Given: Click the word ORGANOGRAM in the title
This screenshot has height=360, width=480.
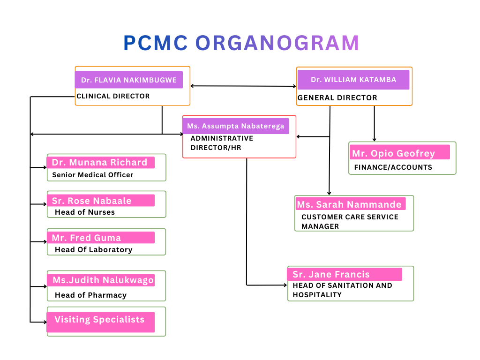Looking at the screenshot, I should (x=277, y=43).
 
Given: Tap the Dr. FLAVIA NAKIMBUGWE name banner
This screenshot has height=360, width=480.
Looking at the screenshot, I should (x=128, y=80).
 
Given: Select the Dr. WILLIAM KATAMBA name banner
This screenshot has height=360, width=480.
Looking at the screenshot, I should (x=353, y=80).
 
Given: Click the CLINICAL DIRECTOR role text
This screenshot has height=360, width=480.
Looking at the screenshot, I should (x=113, y=96).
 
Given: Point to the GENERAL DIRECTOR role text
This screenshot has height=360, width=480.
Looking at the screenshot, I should (x=337, y=98).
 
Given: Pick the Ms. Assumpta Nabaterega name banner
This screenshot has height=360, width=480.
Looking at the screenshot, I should (x=235, y=126).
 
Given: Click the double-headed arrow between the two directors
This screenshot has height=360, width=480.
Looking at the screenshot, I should (x=243, y=86).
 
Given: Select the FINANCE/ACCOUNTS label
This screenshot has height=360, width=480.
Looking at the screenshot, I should (x=393, y=167).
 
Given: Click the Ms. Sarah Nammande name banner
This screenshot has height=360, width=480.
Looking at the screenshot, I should (x=350, y=204).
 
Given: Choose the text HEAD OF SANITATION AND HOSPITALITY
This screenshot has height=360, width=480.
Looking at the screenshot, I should (x=342, y=290).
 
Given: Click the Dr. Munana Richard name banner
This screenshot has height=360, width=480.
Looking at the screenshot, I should (x=100, y=163).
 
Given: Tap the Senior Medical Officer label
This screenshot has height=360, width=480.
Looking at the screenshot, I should (x=93, y=175).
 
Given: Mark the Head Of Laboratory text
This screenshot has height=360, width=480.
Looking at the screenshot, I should (x=93, y=250).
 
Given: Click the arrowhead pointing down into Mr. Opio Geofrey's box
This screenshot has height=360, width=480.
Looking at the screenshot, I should (x=374, y=139).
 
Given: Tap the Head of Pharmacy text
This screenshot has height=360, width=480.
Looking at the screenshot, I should (x=90, y=295).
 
